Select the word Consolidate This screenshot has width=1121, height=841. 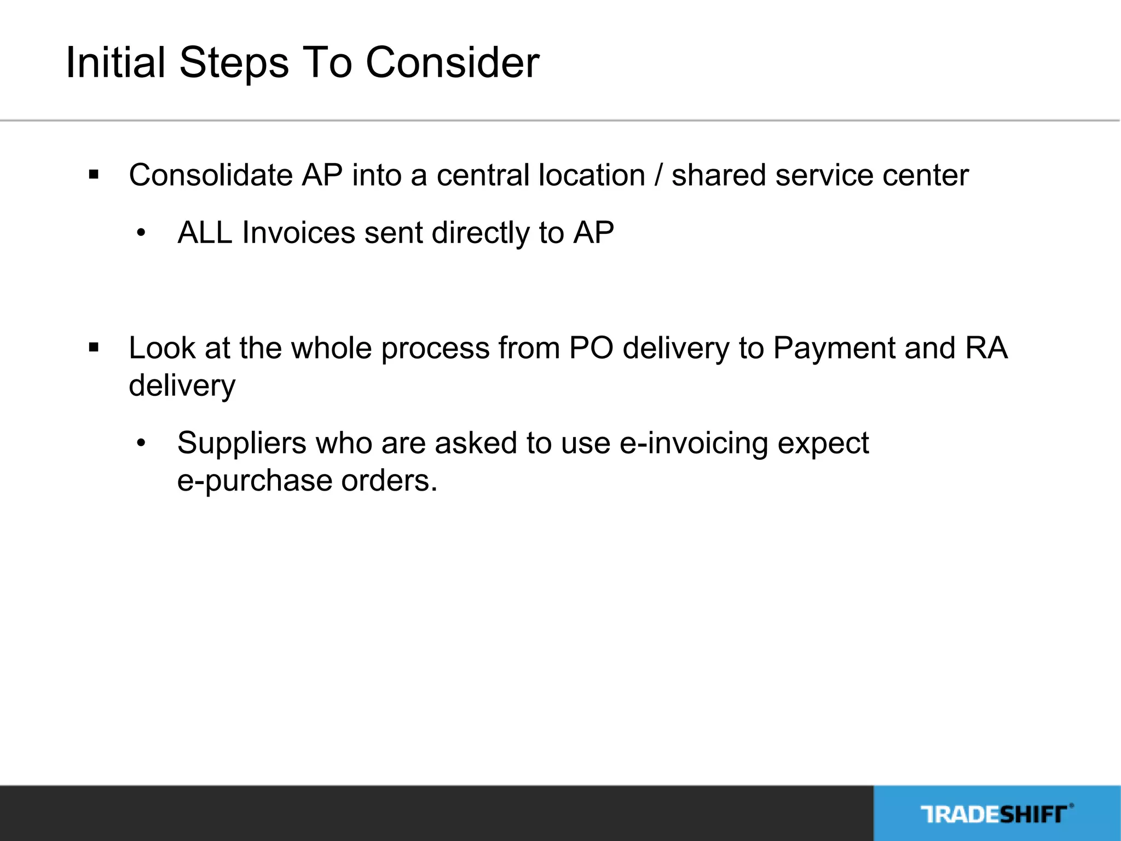pyautogui.click(x=211, y=175)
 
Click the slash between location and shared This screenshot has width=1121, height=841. pyautogui.click(x=658, y=175)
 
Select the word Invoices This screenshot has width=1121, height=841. pyautogui.click(x=299, y=233)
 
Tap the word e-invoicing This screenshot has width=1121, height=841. pyautogui.click(x=694, y=443)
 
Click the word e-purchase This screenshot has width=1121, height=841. pyautogui.click(x=255, y=481)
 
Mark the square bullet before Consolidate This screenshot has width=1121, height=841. pyautogui.click(x=94, y=175)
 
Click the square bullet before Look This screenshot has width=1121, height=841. pyautogui.click(x=94, y=348)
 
